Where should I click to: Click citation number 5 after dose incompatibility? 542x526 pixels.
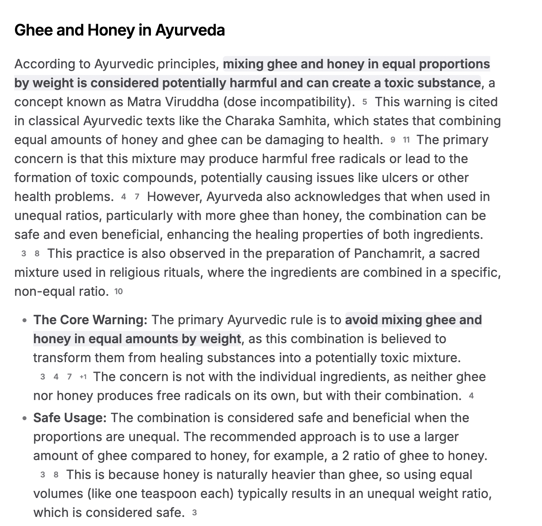coord(365,102)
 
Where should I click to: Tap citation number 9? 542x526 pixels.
coord(393,140)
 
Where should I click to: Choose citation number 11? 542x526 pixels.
coord(406,140)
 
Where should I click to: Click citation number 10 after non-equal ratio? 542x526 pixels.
coord(119,291)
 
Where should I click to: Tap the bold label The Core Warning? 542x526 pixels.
coord(90,320)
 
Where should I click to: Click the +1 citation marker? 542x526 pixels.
coord(83,377)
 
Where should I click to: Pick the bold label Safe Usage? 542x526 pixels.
coord(70,418)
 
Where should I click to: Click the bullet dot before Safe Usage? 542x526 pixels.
coord(24,418)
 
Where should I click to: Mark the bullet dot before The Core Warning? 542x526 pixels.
coord(24,320)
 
